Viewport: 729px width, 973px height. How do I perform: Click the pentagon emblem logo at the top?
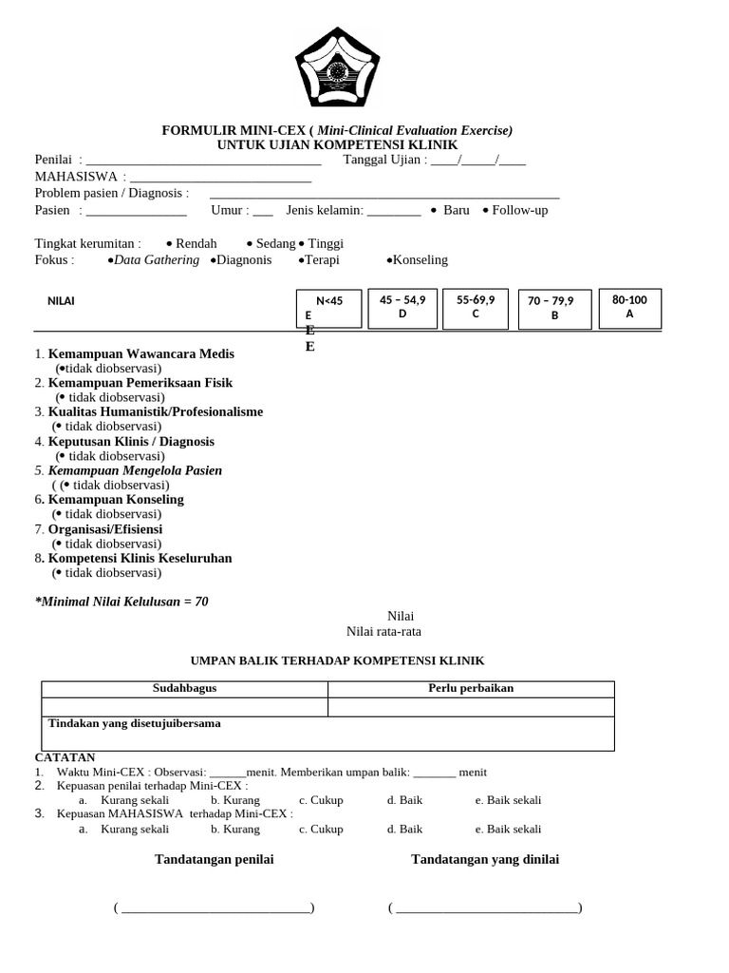pos(336,68)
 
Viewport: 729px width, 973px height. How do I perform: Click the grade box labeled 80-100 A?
pos(629,308)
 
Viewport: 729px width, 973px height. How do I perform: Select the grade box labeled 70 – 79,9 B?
pos(555,309)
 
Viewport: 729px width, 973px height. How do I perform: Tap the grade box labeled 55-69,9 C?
pos(476,307)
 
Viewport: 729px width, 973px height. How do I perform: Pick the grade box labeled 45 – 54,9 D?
pos(402,307)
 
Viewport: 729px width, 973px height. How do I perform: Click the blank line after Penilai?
pos(203,161)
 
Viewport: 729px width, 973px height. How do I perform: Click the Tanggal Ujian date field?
pos(477,160)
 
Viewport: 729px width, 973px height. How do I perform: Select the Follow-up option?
pos(517,210)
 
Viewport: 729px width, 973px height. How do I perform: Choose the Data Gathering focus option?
pos(154,260)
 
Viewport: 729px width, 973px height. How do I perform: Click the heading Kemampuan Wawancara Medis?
pos(140,354)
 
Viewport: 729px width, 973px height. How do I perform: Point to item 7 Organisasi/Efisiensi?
pos(104,529)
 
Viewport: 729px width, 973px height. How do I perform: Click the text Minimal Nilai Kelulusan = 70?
pos(121,602)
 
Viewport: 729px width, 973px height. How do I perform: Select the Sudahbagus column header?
pos(184,689)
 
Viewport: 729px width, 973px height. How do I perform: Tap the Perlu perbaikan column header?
pos(471,689)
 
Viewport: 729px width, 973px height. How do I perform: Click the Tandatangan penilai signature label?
pos(215,860)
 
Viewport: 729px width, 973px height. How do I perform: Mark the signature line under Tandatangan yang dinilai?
pos(485,909)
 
